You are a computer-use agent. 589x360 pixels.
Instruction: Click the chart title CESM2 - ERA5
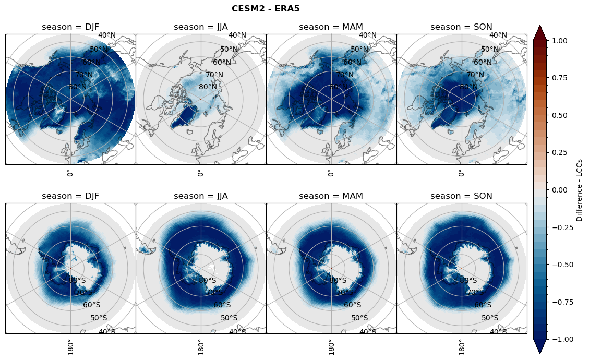coord(266,8)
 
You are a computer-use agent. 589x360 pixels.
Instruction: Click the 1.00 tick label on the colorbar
coord(560,40)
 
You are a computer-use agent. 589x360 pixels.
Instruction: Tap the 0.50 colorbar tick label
coord(560,115)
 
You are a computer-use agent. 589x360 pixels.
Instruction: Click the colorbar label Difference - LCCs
coord(580,189)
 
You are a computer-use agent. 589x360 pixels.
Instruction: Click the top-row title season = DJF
coord(70,27)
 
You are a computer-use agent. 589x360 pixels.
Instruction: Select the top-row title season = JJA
coord(201,27)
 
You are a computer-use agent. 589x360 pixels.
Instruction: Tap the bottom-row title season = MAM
coord(331,196)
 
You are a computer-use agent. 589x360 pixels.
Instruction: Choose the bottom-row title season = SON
coord(462,196)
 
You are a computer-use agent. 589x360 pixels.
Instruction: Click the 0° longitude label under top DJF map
coord(69,173)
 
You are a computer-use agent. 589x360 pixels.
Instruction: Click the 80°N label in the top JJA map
coord(208,87)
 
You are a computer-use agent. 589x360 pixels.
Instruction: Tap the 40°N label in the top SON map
coord(498,35)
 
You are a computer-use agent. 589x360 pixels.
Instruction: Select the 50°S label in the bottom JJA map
coord(229,318)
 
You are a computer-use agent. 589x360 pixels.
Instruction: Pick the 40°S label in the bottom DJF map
coord(107,332)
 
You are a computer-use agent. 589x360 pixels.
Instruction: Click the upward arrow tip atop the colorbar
coord(540,26)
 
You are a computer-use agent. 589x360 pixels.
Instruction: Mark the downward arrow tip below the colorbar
coord(540,353)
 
